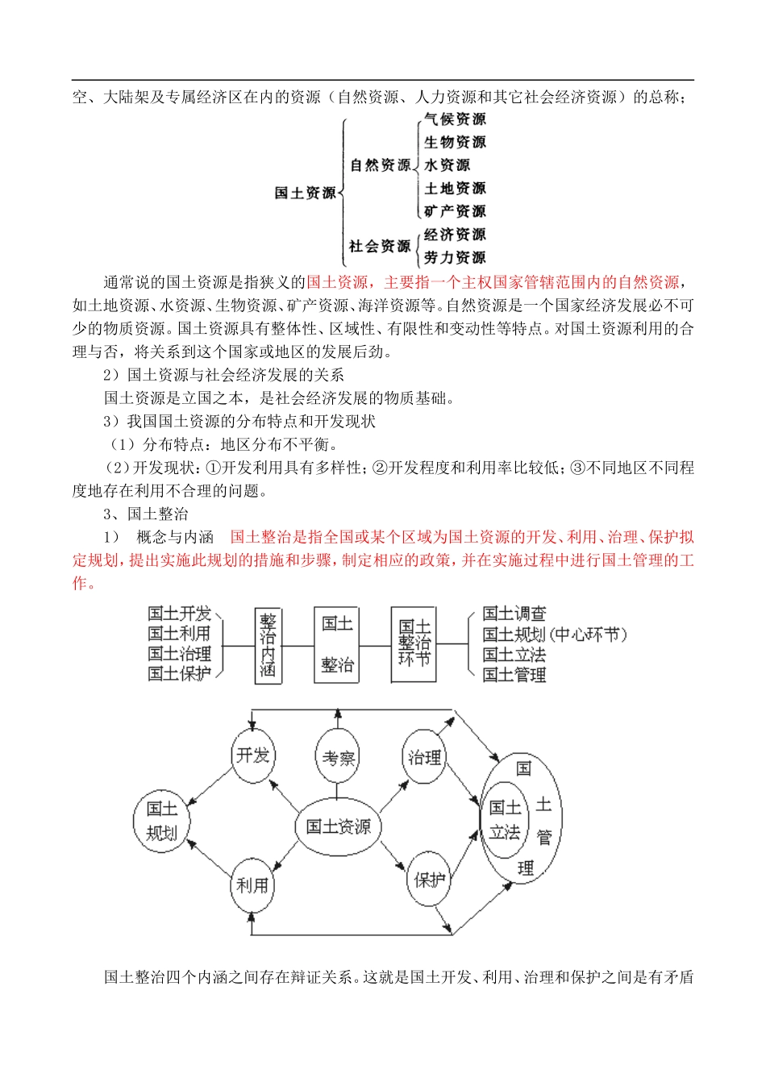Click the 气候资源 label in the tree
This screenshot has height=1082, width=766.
coord(455,119)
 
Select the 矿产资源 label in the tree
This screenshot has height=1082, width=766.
coord(455,211)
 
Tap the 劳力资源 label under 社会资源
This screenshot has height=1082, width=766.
coord(455,258)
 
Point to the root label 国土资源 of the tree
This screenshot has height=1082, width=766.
coord(305,193)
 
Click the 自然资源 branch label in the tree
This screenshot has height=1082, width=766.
coord(380,165)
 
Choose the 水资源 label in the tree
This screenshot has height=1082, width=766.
coord(447,165)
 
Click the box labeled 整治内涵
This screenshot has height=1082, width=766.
coord(268,646)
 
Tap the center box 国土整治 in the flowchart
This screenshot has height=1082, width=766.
coord(336,644)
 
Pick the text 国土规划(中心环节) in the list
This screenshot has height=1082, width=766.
coord(555,635)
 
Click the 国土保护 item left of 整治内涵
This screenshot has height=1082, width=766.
coord(179,673)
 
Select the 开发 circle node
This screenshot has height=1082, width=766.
coord(252,755)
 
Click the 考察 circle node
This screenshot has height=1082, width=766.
coord(338,757)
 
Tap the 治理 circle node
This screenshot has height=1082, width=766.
coord(424,757)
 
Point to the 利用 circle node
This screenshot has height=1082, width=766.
coord(252,884)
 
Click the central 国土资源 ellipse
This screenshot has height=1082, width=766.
coord(338,826)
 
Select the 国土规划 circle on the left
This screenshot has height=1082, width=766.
coord(161,820)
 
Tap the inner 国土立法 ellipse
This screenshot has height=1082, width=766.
coord(506,819)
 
